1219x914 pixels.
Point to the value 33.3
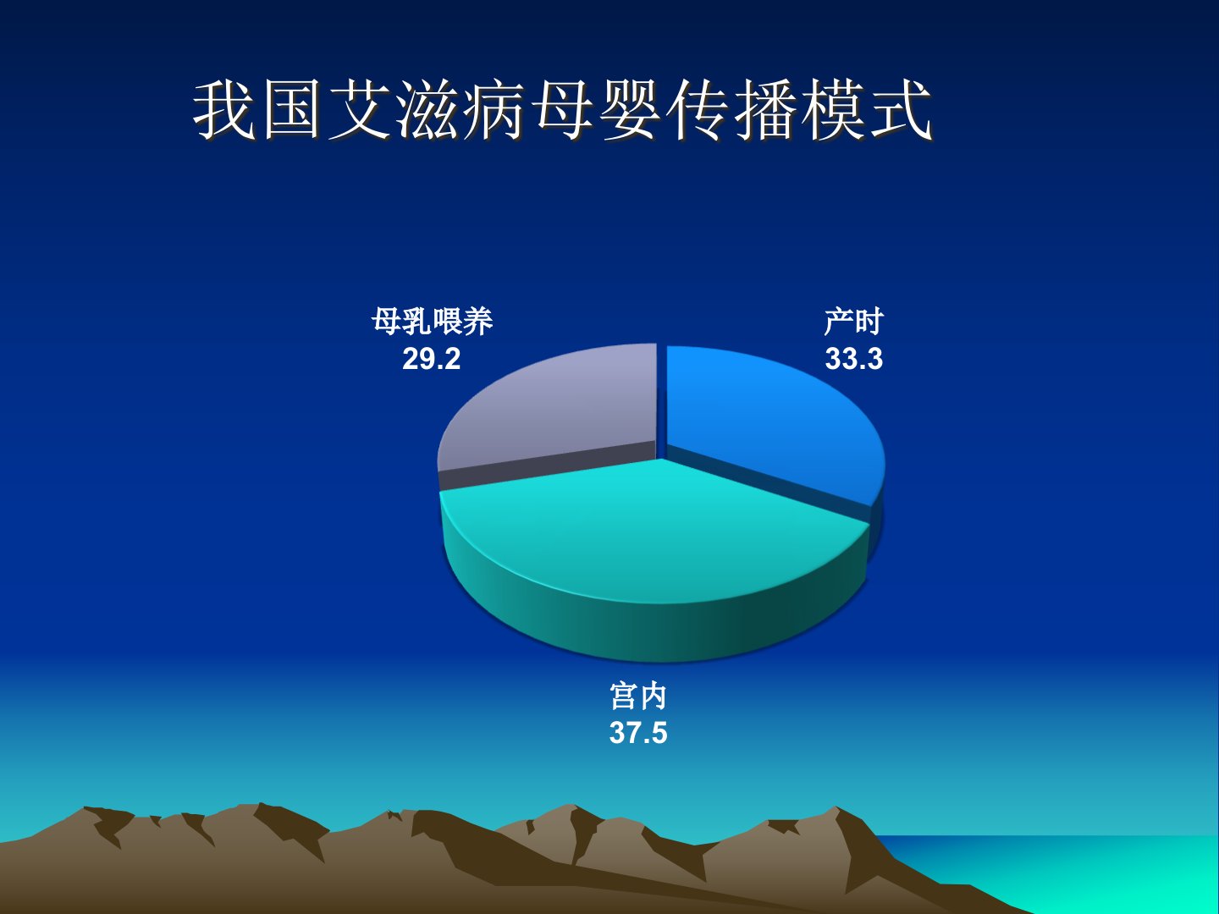click(x=853, y=359)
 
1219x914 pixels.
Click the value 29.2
click(x=432, y=359)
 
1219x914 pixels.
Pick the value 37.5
click(x=638, y=733)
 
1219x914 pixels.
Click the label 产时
click(x=853, y=322)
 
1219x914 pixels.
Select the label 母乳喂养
click(x=432, y=321)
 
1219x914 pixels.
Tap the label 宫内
click(x=638, y=696)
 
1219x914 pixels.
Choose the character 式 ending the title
click(x=901, y=109)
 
